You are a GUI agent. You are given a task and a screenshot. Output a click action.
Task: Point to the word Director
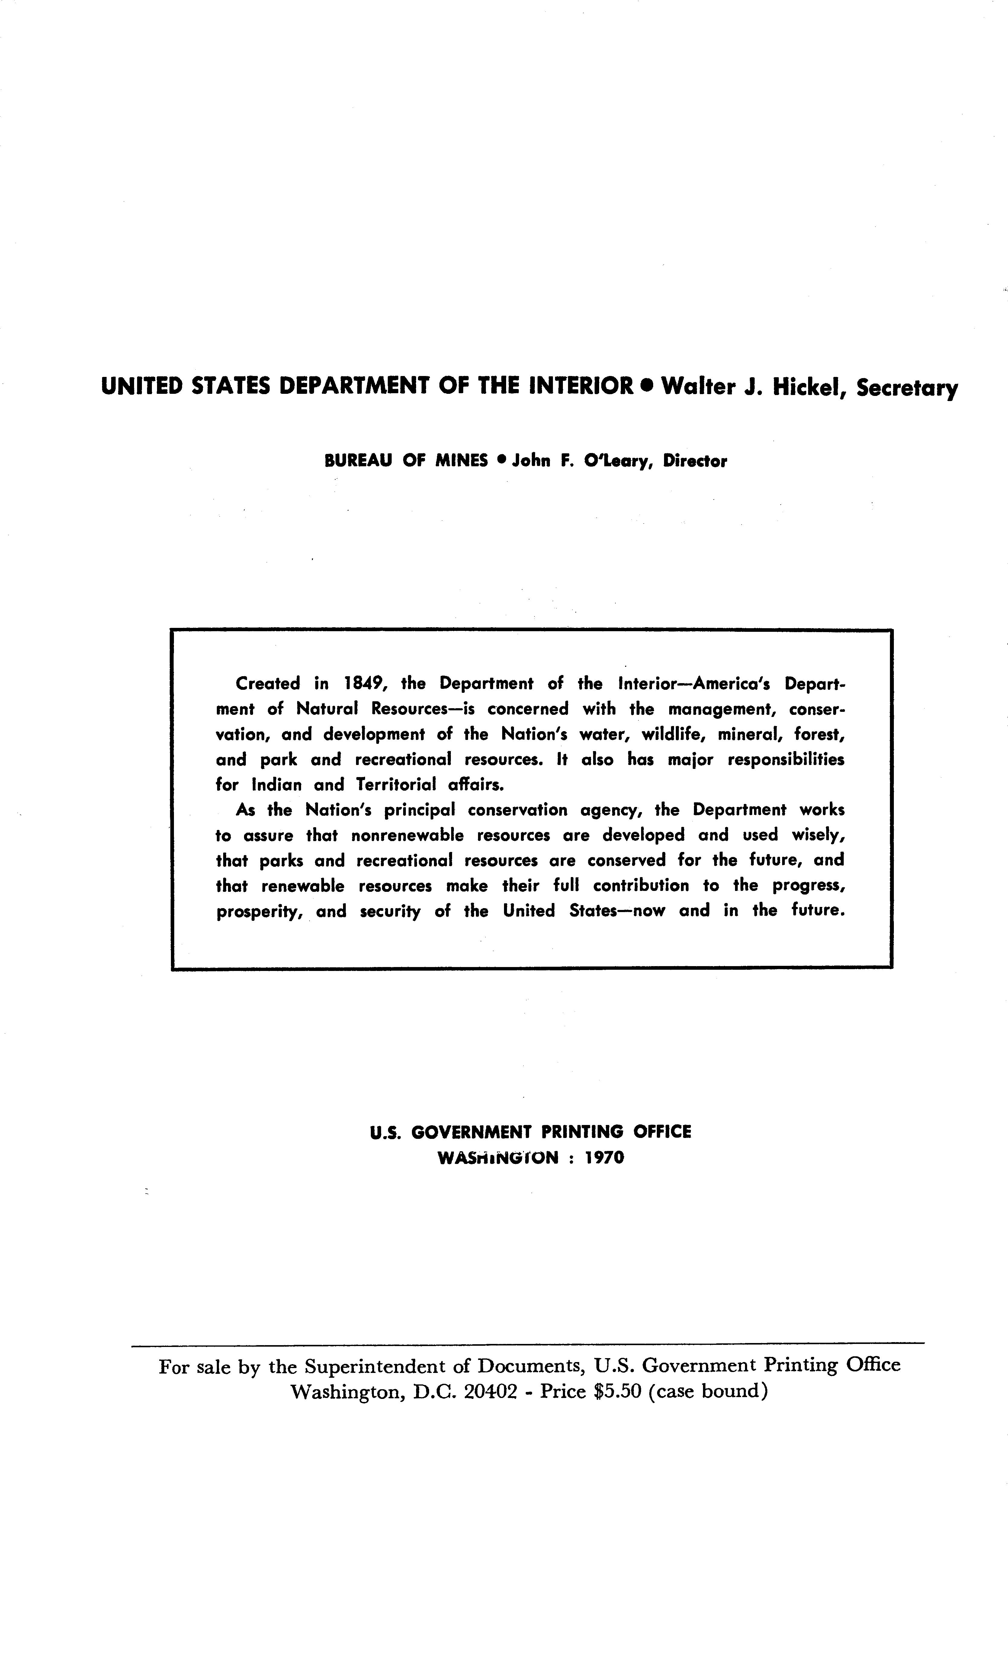coord(694,461)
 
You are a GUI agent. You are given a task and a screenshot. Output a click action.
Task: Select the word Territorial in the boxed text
coord(396,785)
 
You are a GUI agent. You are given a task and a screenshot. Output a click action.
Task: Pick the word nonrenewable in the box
coord(407,836)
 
